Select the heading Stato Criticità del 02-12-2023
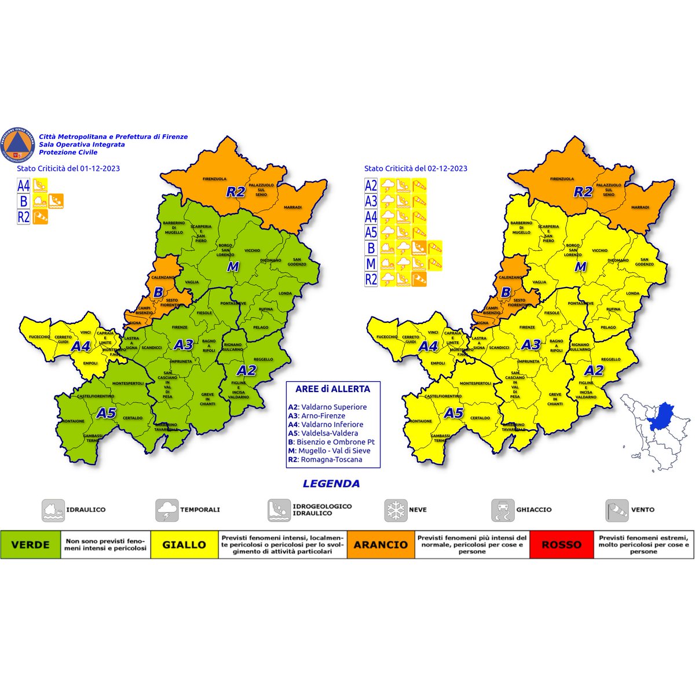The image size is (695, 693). point(415,168)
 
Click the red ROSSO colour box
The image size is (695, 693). point(561,544)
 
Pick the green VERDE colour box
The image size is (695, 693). point(30,544)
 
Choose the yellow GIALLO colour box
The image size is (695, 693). point(184,544)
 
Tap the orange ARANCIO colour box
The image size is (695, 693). point(381,544)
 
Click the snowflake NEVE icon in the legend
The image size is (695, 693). point(396,510)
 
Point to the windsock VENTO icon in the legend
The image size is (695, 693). point(617,510)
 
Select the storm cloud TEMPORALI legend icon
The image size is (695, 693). point(167,510)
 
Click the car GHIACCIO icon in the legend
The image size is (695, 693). point(503,510)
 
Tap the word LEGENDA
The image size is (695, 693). point(331,484)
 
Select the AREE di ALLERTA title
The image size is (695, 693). point(332,389)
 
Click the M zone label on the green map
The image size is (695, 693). point(232,267)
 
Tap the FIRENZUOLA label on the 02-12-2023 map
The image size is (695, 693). point(561,179)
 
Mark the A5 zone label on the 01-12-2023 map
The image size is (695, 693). point(106,413)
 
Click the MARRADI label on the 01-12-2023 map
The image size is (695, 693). point(292,207)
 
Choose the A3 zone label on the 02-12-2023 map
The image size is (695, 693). point(531,345)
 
